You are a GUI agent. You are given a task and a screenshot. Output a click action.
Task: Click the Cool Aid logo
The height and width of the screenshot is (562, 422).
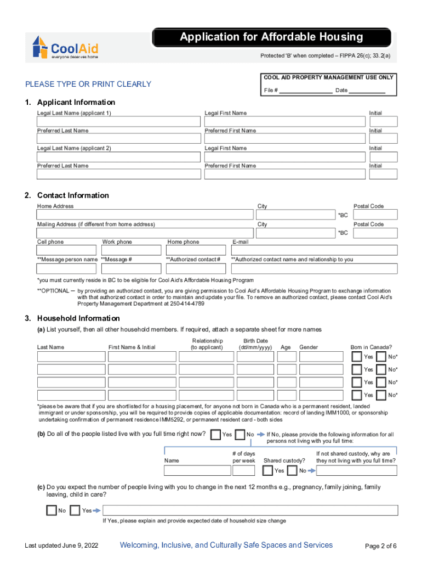[x=66, y=47]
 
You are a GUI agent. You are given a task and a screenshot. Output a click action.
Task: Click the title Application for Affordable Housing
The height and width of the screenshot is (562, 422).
[x=272, y=37]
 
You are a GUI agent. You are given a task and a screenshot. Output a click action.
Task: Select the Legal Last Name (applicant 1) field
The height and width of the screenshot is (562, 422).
[x=118, y=121]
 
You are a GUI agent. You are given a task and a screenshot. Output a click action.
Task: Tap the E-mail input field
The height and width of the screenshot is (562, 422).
[x=314, y=250]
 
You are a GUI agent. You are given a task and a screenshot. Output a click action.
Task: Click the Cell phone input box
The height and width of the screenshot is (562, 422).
[x=67, y=250]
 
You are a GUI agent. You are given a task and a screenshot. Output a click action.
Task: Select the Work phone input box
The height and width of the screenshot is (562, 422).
[x=132, y=250]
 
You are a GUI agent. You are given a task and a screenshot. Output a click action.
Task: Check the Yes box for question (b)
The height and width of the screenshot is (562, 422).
[x=215, y=435]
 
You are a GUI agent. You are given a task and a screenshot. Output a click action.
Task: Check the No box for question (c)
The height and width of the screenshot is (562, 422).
[x=52, y=510]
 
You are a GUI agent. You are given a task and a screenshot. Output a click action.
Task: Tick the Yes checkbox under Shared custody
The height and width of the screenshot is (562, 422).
[x=267, y=470]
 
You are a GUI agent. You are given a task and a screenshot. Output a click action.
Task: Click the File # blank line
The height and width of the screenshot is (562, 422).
[x=305, y=91]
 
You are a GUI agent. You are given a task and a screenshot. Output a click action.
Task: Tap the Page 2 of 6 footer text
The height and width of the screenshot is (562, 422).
[x=380, y=546]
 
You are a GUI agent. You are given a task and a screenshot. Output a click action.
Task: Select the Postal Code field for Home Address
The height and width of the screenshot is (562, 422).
[x=375, y=215]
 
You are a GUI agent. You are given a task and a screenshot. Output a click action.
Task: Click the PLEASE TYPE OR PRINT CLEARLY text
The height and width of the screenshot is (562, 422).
[x=88, y=84]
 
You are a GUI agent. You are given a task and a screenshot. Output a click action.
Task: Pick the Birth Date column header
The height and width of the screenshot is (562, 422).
[x=255, y=344]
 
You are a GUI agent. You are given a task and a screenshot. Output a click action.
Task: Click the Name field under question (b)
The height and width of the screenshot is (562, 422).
[x=197, y=470]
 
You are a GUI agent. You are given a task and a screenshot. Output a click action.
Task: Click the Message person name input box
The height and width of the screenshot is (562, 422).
[x=67, y=268]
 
